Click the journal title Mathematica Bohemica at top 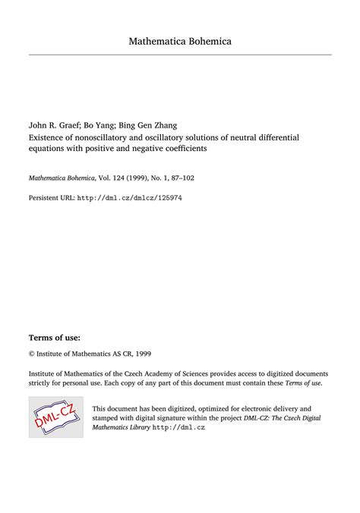pos(180,40)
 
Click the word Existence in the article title pos(49,137)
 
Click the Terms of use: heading pos(54,337)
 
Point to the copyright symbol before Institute pos(32,354)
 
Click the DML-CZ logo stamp pos(55,416)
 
